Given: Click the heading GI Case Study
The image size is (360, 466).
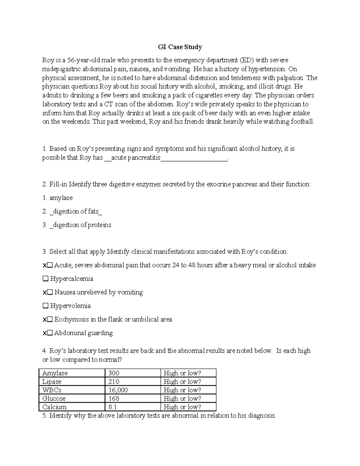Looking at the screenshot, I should pyautogui.click(x=180, y=47).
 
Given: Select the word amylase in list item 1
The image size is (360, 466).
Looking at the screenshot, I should pyautogui.click(x=61, y=198).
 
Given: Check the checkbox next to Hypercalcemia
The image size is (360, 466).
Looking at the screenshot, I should pyautogui.click(x=45, y=279).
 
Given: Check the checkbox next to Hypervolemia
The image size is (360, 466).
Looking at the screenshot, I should pyautogui.click(x=45, y=306).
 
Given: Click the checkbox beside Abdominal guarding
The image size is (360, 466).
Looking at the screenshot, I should pyautogui.click(x=50, y=333).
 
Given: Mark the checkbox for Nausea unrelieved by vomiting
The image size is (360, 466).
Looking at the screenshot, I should pyautogui.click(x=50, y=293).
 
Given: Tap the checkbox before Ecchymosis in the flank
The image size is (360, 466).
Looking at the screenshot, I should pyautogui.click(x=50, y=320).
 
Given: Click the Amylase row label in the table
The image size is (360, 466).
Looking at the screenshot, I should pyautogui.click(x=55, y=373).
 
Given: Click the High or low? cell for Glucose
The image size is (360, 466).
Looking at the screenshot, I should pyautogui.click(x=182, y=398).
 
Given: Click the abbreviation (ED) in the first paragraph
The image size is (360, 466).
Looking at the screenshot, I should pyautogui.click(x=246, y=60).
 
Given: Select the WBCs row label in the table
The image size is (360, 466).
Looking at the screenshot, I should pyautogui.click(x=52, y=390).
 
